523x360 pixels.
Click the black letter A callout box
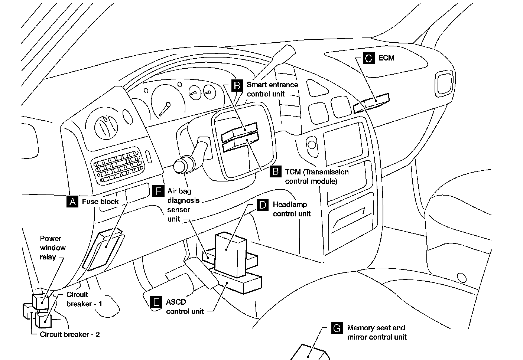coord(72,202)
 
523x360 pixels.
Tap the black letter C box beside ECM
coord(369,58)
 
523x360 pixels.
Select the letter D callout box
coord(263,204)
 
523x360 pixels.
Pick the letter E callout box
coord(156,302)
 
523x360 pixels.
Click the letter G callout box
coord(337,328)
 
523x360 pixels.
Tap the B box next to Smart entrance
coord(237,85)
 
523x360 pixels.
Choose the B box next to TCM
coord(276,171)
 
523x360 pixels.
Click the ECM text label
coord(386,58)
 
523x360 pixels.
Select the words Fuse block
coord(100,202)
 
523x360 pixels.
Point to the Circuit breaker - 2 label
coord(70,334)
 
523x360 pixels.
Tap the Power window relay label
coord(53,248)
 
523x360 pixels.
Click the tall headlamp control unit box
coord(231,255)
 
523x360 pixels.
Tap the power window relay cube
coord(40,301)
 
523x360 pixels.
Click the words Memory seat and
coord(376,328)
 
